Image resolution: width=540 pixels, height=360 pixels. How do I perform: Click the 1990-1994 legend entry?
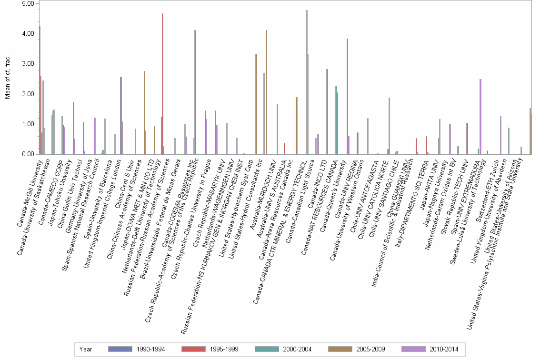(x=151, y=349)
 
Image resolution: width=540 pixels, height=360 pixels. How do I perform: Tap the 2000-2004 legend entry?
(x=298, y=349)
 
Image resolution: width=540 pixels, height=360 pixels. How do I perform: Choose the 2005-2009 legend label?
(x=371, y=349)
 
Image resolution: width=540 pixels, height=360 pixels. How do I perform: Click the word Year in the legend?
(x=86, y=349)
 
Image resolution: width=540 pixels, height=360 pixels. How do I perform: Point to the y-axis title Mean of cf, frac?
(x=7, y=78)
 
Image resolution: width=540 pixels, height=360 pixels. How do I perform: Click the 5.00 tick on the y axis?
(x=28, y=4)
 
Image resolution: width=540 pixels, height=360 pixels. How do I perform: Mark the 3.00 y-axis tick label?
(x=28, y=64)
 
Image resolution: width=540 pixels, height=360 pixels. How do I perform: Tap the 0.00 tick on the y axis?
(x=28, y=154)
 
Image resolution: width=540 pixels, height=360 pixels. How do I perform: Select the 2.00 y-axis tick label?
(x=28, y=94)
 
